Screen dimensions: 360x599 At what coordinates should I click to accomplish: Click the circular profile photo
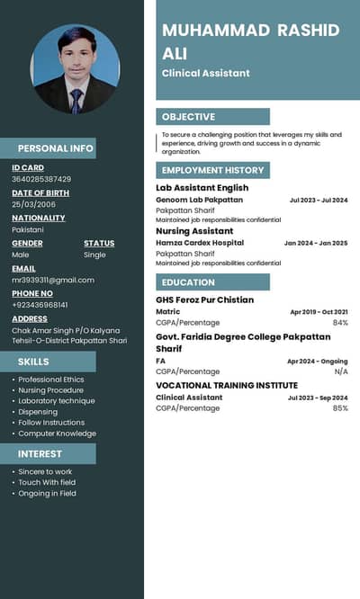coord(76,68)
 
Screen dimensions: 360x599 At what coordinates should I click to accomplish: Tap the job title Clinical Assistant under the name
coord(206,73)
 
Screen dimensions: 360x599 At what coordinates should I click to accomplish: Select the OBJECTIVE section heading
coord(188,117)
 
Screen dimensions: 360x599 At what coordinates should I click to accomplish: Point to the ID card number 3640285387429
coord(41,179)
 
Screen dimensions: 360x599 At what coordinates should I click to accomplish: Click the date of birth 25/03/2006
coord(33,204)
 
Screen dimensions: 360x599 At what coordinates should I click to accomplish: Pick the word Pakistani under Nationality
coord(28,229)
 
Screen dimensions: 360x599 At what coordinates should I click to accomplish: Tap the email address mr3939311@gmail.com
coord(53,280)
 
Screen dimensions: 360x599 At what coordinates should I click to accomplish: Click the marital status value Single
coord(94,255)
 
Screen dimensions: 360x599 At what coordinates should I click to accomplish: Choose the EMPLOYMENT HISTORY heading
coord(213,170)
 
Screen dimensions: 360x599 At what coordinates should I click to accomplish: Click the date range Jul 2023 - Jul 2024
coord(319,200)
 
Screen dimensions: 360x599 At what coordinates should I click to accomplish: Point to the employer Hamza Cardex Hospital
coord(200,243)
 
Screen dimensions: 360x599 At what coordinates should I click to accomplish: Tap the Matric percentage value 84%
coord(340,322)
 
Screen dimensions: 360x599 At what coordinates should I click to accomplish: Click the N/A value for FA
coord(341,371)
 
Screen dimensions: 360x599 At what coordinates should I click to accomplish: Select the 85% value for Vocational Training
coord(340,408)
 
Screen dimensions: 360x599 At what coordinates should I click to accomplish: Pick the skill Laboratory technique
coord(57,401)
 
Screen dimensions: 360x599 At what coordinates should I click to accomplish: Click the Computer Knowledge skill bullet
coord(58,434)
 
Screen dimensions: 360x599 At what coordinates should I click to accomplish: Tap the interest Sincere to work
coord(46,471)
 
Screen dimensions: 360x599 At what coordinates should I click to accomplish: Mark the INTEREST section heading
coord(40,454)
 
